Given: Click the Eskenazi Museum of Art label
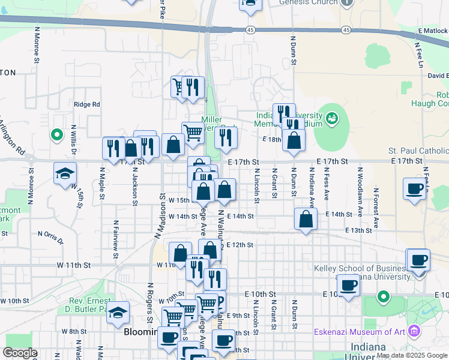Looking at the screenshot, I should tap(360, 331).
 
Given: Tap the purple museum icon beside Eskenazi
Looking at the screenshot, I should tap(414, 331).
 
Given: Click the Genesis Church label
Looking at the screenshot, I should tap(308, 2).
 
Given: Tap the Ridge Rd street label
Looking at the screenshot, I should tap(87, 104).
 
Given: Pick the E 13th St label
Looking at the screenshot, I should tap(358, 230).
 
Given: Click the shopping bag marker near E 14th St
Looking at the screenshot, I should tap(306, 219).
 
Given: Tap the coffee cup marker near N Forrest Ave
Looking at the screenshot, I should tap(414, 188).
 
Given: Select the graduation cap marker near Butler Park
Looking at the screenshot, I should tap(119, 312).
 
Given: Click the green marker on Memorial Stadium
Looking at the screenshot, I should tap(331, 119).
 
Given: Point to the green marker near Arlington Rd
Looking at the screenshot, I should tap(57, 135).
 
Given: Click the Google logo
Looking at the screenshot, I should tap(20, 353).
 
